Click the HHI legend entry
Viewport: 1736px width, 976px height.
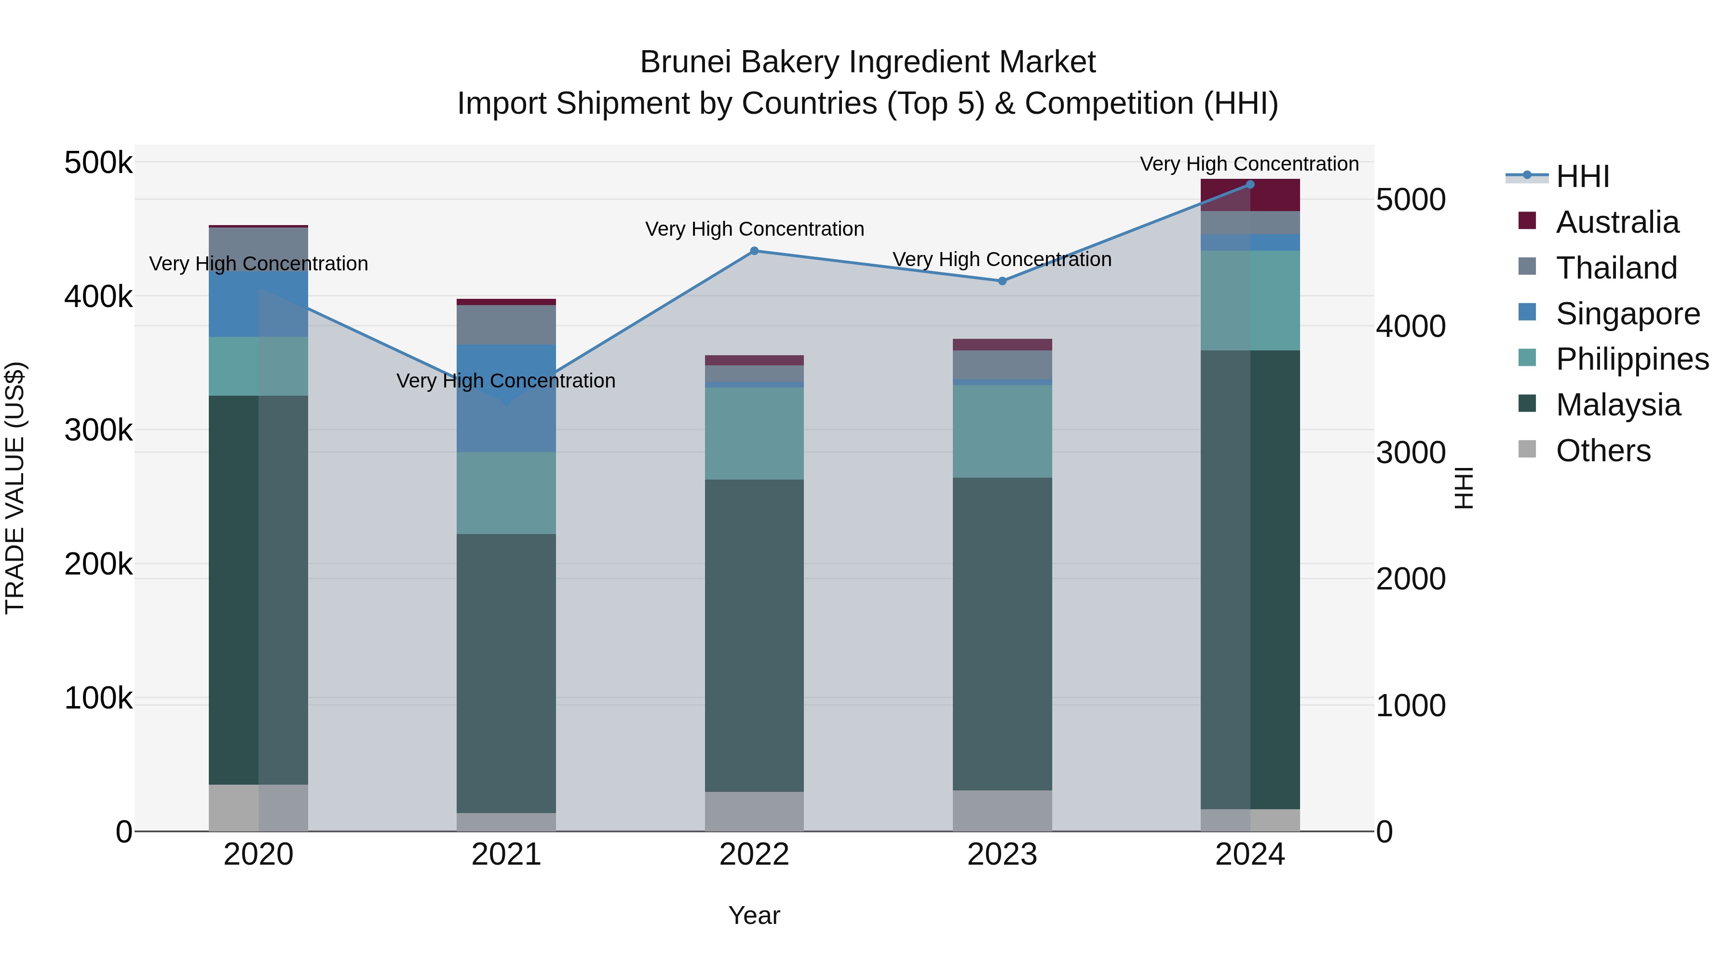point(1581,176)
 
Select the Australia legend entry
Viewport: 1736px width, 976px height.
point(1616,222)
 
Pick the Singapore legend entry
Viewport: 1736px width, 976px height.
point(1627,314)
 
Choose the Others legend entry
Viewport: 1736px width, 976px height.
point(1602,451)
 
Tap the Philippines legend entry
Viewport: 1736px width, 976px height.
point(1631,359)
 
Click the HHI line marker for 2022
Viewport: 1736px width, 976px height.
point(754,251)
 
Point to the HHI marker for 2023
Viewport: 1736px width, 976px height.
point(1002,281)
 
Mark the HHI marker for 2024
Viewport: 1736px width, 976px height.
point(1250,185)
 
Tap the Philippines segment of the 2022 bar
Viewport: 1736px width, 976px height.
point(754,433)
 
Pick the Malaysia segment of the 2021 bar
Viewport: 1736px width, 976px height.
point(506,674)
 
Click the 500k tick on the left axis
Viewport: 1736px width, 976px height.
point(98,163)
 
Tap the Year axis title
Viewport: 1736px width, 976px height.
point(754,915)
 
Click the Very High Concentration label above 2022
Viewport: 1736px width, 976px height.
point(754,229)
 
